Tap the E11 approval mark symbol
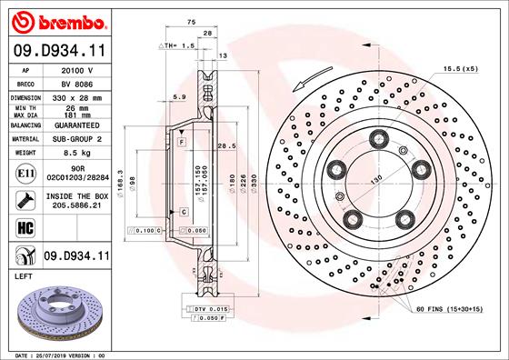[26, 171]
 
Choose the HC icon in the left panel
[25, 227]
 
